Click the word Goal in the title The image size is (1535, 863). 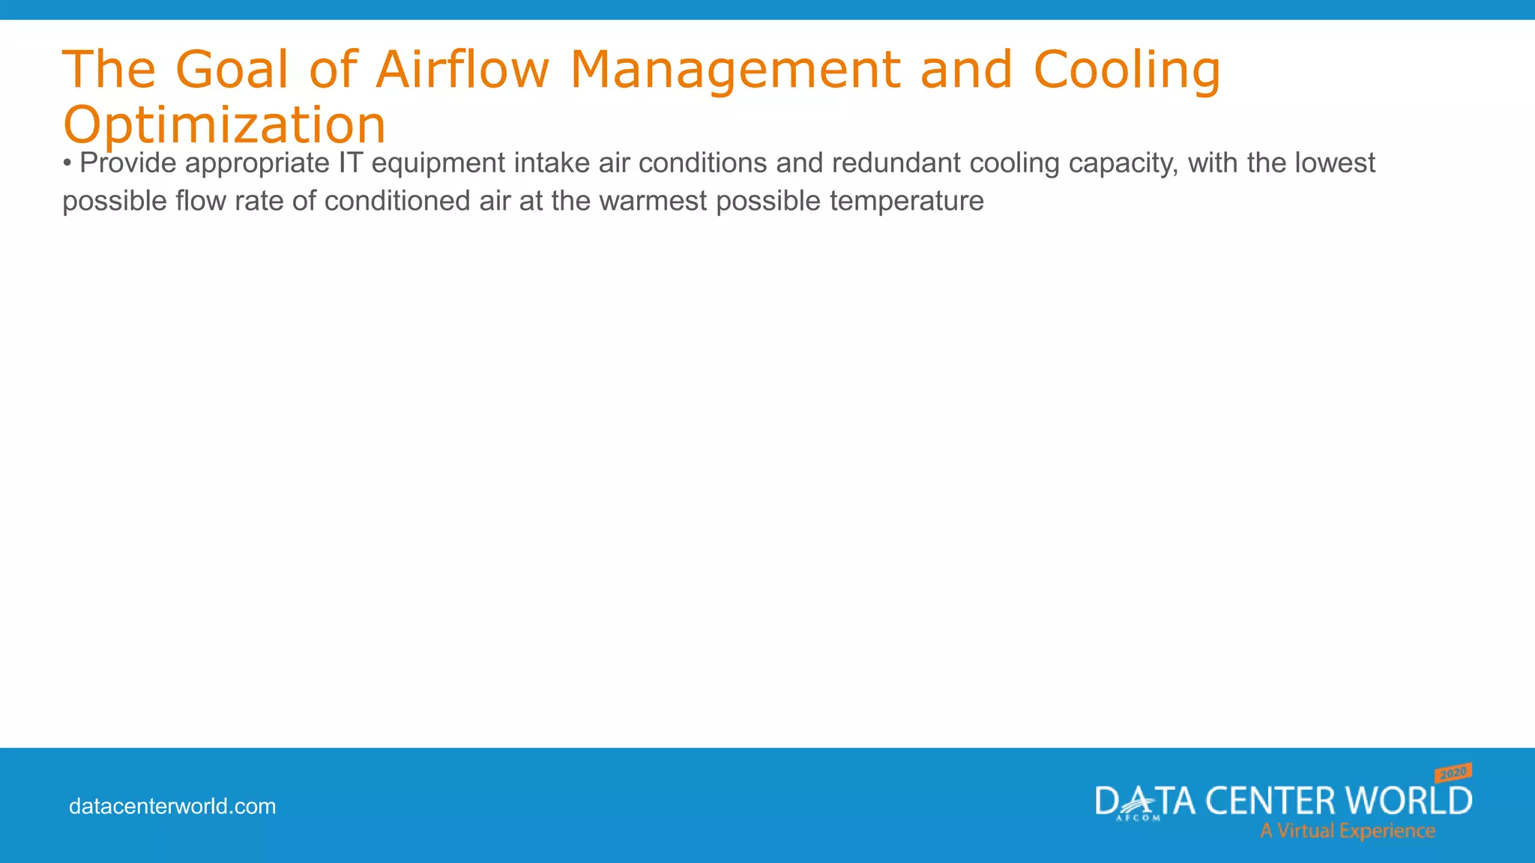pyautogui.click(x=232, y=70)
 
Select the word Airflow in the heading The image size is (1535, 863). pyautogui.click(x=462, y=70)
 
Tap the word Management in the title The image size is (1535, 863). pyautogui.click(x=735, y=70)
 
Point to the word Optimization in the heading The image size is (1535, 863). pyautogui.click(x=224, y=124)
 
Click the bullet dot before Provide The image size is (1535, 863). pyautogui.click(x=67, y=163)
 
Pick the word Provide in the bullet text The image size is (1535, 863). pyautogui.click(x=127, y=163)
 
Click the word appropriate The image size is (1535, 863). pyautogui.click(x=257, y=163)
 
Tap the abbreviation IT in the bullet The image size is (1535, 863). pyautogui.click(x=350, y=163)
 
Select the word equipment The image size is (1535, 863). pyautogui.click(x=438, y=163)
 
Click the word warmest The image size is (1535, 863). pyautogui.click(x=653, y=201)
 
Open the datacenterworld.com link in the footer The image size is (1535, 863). pyautogui.click(x=172, y=806)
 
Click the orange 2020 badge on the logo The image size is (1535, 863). pyautogui.click(x=1453, y=773)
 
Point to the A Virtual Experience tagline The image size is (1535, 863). pyautogui.click(x=1347, y=831)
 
